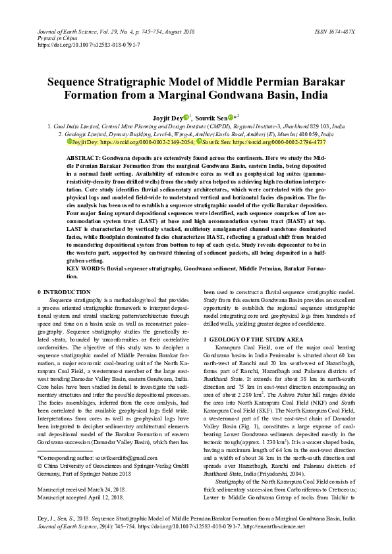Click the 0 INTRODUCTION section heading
click(65, 291)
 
